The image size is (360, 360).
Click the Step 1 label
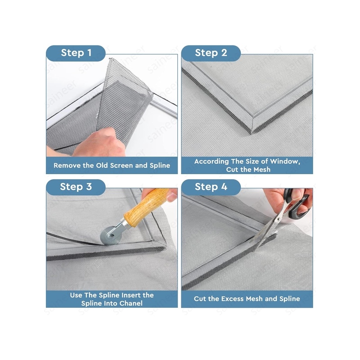[76, 53]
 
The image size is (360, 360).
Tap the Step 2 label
[211, 53]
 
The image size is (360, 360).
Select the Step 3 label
[76, 187]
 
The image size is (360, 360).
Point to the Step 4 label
[211, 187]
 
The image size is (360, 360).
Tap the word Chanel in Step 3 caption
[131, 303]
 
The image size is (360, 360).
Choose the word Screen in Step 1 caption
[121, 165]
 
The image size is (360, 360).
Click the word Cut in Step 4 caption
[200, 298]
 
